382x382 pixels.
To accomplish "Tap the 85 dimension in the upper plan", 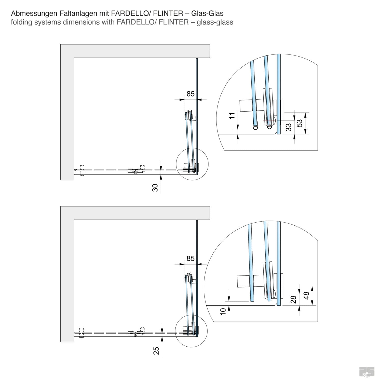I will pos(190,94).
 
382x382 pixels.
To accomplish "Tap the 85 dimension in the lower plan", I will pos(190,258).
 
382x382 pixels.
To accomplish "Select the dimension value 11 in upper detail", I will pos(232,116).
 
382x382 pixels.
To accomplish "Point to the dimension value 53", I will pos(300,123).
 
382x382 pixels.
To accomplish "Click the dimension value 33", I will pos(289,127).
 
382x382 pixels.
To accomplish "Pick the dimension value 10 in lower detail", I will pos(223,311).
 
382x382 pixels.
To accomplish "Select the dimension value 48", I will pos(306,295).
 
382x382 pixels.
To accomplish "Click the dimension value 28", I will pos(294,299).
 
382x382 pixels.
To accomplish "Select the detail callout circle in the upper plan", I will pos(192,164).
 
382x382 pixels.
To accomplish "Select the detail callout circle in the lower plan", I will pos(192,331).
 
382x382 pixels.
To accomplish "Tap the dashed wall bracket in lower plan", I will pos(81,333).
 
